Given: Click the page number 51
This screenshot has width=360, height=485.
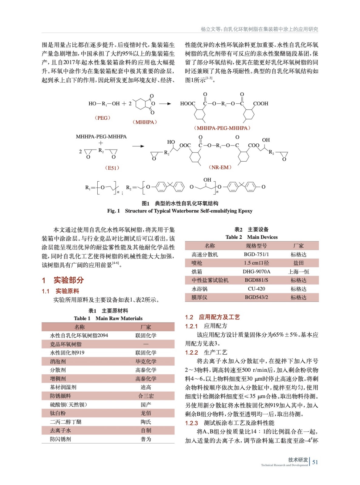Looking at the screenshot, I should click(315, 462).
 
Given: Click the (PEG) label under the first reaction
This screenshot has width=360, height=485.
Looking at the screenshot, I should click(103, 118).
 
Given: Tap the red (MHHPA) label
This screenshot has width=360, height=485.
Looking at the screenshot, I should click(145, 122).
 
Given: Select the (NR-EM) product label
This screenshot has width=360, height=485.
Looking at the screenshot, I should click(220, 167).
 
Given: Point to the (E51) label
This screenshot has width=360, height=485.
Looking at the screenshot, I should click(112, 168).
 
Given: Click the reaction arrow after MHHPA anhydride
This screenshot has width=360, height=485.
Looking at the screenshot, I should click(165, 104).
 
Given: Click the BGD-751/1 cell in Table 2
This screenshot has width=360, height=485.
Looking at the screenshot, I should click(256, 254).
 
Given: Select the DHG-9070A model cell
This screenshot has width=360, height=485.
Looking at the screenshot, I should click(256, 272).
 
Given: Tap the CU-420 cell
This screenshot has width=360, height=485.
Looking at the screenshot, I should click(256, 289).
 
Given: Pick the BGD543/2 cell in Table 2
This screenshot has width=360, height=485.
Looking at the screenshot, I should click(256, 297).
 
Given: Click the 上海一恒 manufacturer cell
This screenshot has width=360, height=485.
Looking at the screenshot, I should click(298, 272).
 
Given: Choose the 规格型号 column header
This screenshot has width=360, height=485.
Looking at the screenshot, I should click(256, 246).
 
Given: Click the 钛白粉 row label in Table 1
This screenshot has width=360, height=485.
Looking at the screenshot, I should click(58, 413).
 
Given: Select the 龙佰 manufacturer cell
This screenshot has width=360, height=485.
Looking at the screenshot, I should click(146, 413).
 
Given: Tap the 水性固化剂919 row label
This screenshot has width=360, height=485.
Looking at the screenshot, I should click(67, 353).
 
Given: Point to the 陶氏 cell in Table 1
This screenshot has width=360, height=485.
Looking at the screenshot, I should click(146, 422).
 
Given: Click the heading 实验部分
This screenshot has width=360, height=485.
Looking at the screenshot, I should click(69, 280).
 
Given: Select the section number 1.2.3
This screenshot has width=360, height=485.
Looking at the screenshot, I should click(191, 423).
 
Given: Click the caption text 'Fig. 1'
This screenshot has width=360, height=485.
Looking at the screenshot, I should click(113, 211).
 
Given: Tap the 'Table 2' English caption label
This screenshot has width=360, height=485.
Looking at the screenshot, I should click(234, 237).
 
